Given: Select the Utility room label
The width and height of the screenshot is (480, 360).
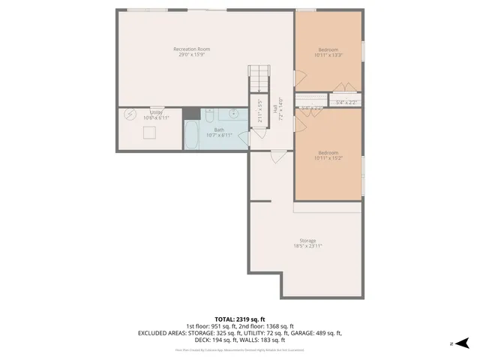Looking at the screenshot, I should (x=156, y=112).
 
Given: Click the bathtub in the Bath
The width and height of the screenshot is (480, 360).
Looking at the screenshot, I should (x=193, y=136).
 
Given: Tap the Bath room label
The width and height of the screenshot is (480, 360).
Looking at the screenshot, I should (x=219, y=130).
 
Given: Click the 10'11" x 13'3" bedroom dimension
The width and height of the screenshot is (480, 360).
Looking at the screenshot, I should (x=328, y=55).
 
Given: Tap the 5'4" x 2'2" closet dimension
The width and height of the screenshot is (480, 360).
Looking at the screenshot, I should (x=346, y=102).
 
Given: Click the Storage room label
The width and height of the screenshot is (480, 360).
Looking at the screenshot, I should (x=307, y=240).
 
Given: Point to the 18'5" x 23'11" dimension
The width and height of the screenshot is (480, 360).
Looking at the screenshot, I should (x=307, y=246).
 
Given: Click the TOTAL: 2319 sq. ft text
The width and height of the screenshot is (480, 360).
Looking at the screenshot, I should (x=239, y=319).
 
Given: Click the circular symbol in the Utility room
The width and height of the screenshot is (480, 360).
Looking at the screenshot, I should (x=129, y=115).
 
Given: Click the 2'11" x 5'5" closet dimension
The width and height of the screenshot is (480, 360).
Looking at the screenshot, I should (x=260, y=111).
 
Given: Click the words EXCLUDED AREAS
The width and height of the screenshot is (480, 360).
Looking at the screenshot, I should (x=164, y=333).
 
